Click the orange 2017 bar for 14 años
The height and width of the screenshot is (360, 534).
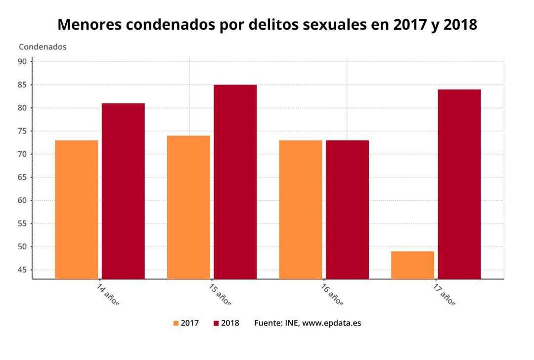[76, 210]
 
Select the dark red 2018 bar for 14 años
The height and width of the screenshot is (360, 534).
[123, 191]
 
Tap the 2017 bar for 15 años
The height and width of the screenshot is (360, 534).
[188, 207]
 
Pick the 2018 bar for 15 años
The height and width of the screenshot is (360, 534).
[235, 182]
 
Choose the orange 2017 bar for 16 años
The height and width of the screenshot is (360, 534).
[300, 210]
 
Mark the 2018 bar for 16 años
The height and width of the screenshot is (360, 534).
[347, 210]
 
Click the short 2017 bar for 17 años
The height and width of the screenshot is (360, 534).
[412, 265]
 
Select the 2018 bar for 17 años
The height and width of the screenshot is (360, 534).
[459, 184]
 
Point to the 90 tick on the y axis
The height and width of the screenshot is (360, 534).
[22, 62]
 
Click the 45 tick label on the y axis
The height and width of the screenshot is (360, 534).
[22, 270]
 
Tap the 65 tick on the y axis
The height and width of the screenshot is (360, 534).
[22, 178]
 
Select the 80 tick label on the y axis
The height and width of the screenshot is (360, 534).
[22, 108]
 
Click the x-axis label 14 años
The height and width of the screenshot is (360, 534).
[108, 295]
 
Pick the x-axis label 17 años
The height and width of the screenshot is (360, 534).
[444, 295]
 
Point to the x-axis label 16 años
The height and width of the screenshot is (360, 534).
[332, 295]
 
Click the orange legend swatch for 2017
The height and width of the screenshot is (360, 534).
[176, 323]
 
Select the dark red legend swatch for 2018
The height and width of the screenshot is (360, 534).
[216, 323]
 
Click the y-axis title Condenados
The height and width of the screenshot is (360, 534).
[43, 47]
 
